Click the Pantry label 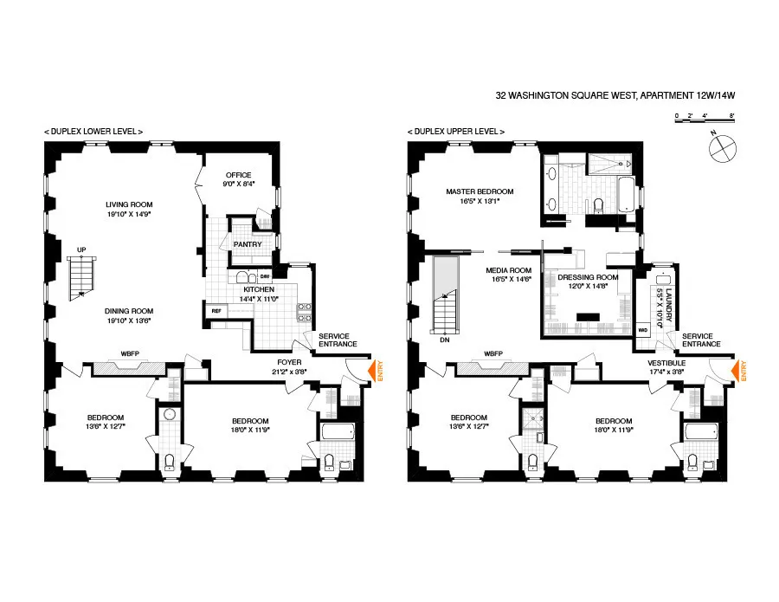pyautogui.click(x=248, y=244)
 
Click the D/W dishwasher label pyautogui.click(x=265, y=275)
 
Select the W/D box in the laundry pyautogui.click(x=642, y=330)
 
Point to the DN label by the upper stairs pyautogui.click(x=444, y=340)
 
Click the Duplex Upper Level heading pyautogui.click(x=455, y=131)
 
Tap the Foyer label pyautogui.click(x=288, y=362)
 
